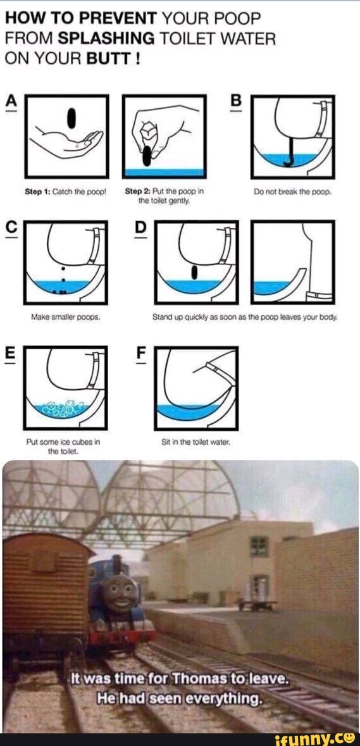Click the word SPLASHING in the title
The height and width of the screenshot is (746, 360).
(x=106, y=38)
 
